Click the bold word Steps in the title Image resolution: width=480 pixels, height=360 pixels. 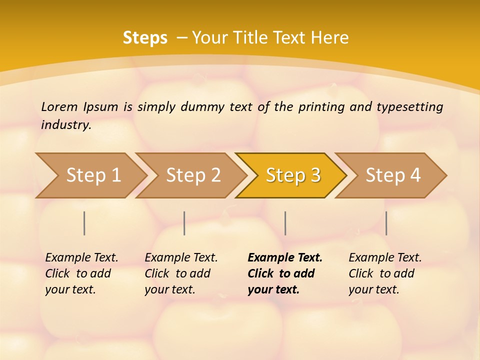pyautogui.click(x=145, y=38)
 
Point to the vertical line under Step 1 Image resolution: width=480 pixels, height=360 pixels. pyautogui.click(x=84, y=223)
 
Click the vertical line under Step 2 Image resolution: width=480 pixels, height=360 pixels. pyautogui.click(x=184, y=223)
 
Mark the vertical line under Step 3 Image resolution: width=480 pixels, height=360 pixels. pyautogui.click(x=285, y=223)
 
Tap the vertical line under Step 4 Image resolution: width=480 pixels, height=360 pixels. pyautogui.click(x=386, y=223)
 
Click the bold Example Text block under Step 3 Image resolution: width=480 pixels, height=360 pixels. pyautogui.click(x=285, y=273)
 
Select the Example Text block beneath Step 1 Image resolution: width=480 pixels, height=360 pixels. pyautogui.click(x=81, y=273)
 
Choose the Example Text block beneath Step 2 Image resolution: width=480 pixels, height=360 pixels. pyautogui.click(x=181, y=273)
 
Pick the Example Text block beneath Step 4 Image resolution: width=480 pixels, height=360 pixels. pyautogui.click(x=385, y=273)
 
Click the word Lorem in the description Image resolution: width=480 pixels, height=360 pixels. pyautogui.click(x=59, y=106)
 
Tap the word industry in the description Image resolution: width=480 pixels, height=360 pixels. pyautogui.click(x=66, y=124)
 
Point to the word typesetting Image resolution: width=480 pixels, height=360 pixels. pyautogui.click(x=409, y=106)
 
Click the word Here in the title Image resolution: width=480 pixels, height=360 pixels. pyautogui.click(x=329, y=38)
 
